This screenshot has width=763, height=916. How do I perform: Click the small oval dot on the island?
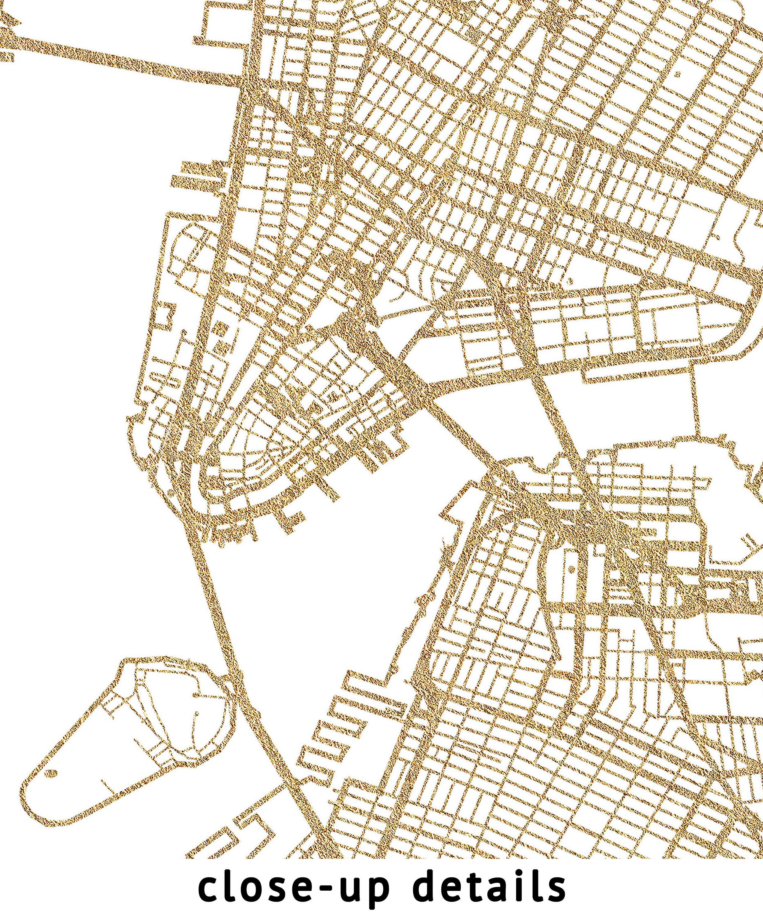[x=52, y=773]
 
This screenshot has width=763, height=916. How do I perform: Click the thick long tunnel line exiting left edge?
[x=109, y=61]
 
